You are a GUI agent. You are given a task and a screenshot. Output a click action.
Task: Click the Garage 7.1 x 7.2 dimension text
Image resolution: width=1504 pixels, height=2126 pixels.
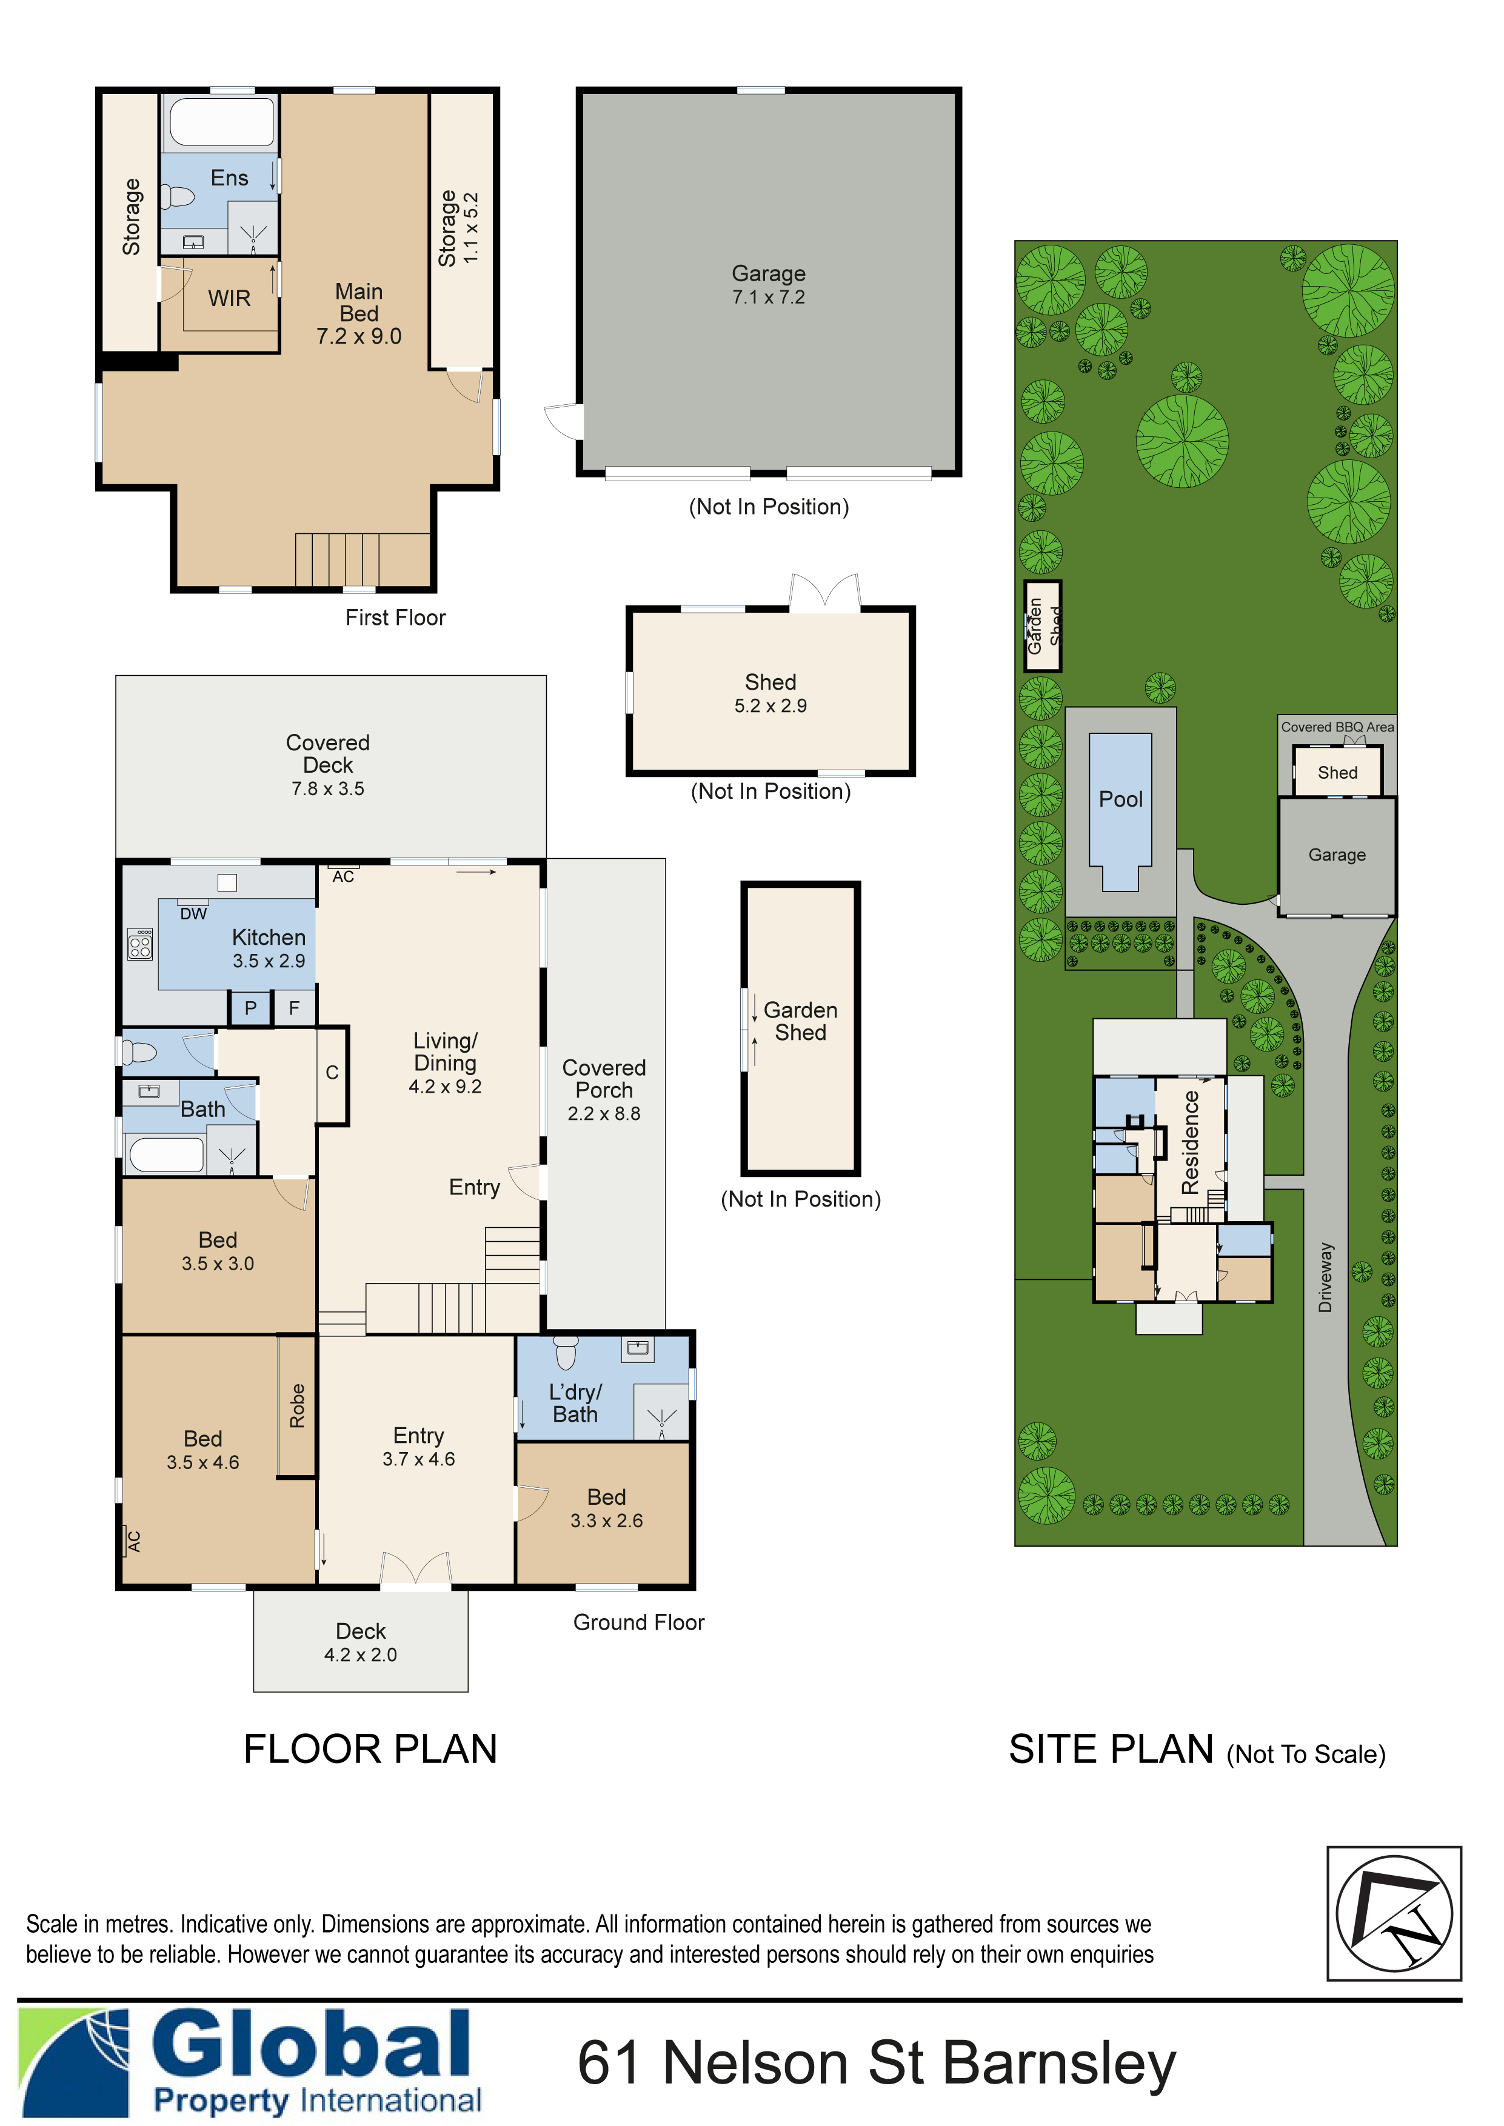(x=769, y=297)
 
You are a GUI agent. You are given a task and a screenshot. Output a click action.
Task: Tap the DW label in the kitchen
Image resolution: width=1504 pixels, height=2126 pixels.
(x=193, y=914)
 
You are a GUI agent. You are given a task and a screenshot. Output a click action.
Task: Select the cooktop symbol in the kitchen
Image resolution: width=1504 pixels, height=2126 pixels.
(x=141, y=944)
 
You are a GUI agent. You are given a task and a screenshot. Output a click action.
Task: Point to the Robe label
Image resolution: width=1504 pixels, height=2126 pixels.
(x=297, y=1405)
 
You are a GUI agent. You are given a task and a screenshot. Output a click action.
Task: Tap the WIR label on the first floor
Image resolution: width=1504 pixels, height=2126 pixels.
(x=229, y=298)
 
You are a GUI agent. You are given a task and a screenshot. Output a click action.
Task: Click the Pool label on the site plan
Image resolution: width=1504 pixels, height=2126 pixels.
(x=1121, y=799)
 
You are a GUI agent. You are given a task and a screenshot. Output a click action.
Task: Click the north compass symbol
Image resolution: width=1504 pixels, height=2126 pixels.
(x=1394, y=1914)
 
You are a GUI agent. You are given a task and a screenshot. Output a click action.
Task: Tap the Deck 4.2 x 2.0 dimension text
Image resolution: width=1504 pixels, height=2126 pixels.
(x=360, y=1654)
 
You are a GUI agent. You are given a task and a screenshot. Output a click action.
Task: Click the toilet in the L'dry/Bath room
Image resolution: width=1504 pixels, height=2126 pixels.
(x=565, y=1353)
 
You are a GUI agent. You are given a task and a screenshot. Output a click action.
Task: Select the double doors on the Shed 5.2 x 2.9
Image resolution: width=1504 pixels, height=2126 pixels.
(x=824, y=593)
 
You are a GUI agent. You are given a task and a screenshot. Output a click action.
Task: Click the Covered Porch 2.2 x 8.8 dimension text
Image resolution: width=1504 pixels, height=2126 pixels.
(x=604, y=1114)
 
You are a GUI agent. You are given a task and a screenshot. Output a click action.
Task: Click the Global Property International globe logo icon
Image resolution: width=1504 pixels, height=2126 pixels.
(x=74, y=2063)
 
